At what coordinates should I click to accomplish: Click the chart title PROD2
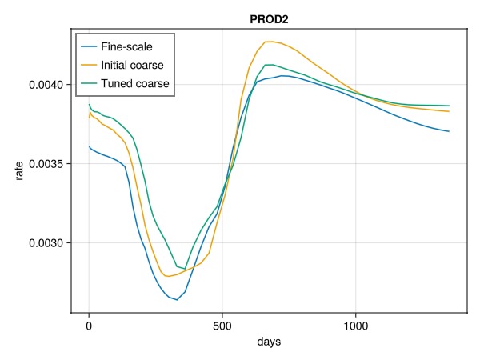coord(269,18)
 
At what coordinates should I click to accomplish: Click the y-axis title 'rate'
coord(18,171)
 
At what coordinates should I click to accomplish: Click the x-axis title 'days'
coord(269,342)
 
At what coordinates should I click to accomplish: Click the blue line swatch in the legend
coord(88,46)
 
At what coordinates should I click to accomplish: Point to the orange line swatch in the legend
coord(88,65)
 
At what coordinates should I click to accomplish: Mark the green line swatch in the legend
coord(88,83)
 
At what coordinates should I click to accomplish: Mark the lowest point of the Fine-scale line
coord(177,300)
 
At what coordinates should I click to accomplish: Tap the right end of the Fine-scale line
coord(449,131)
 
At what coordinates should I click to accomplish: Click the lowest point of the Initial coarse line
coord(167,276)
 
